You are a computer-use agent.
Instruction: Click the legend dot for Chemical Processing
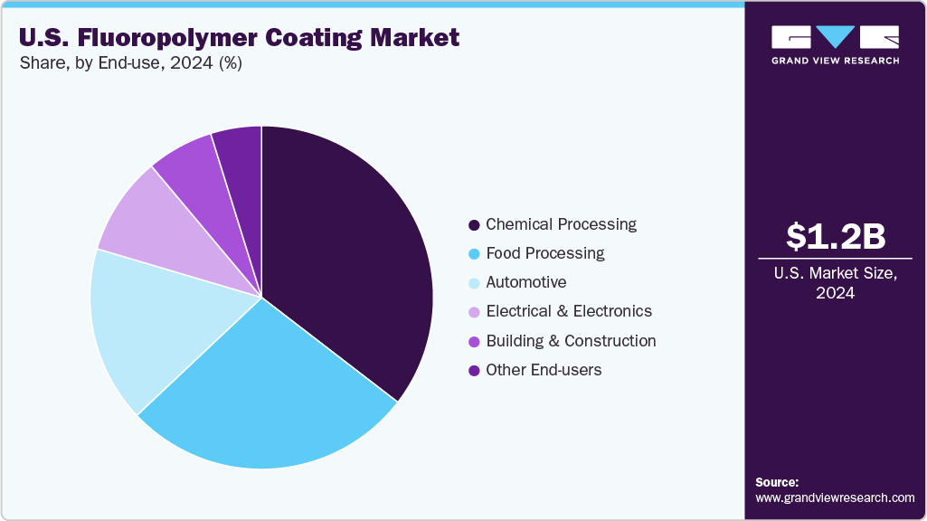[x=474, y=224]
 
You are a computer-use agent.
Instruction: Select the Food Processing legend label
[x=544, y=253]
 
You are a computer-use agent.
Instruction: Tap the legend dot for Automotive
[x=474, y=283]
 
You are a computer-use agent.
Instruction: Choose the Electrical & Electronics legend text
[x=568, y=311]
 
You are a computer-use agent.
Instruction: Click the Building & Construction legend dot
[x=474, y=342]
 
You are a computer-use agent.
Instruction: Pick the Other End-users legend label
[x=543, y=370]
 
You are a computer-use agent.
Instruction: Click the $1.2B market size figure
[x=835, y=237]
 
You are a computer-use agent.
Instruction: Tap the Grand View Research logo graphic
[x=835, y=36]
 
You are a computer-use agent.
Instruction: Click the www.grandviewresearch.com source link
[x=835, y=497]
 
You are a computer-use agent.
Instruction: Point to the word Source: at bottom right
[x=777, y=482]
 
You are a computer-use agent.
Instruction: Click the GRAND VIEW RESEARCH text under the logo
[x=835, y=61]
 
